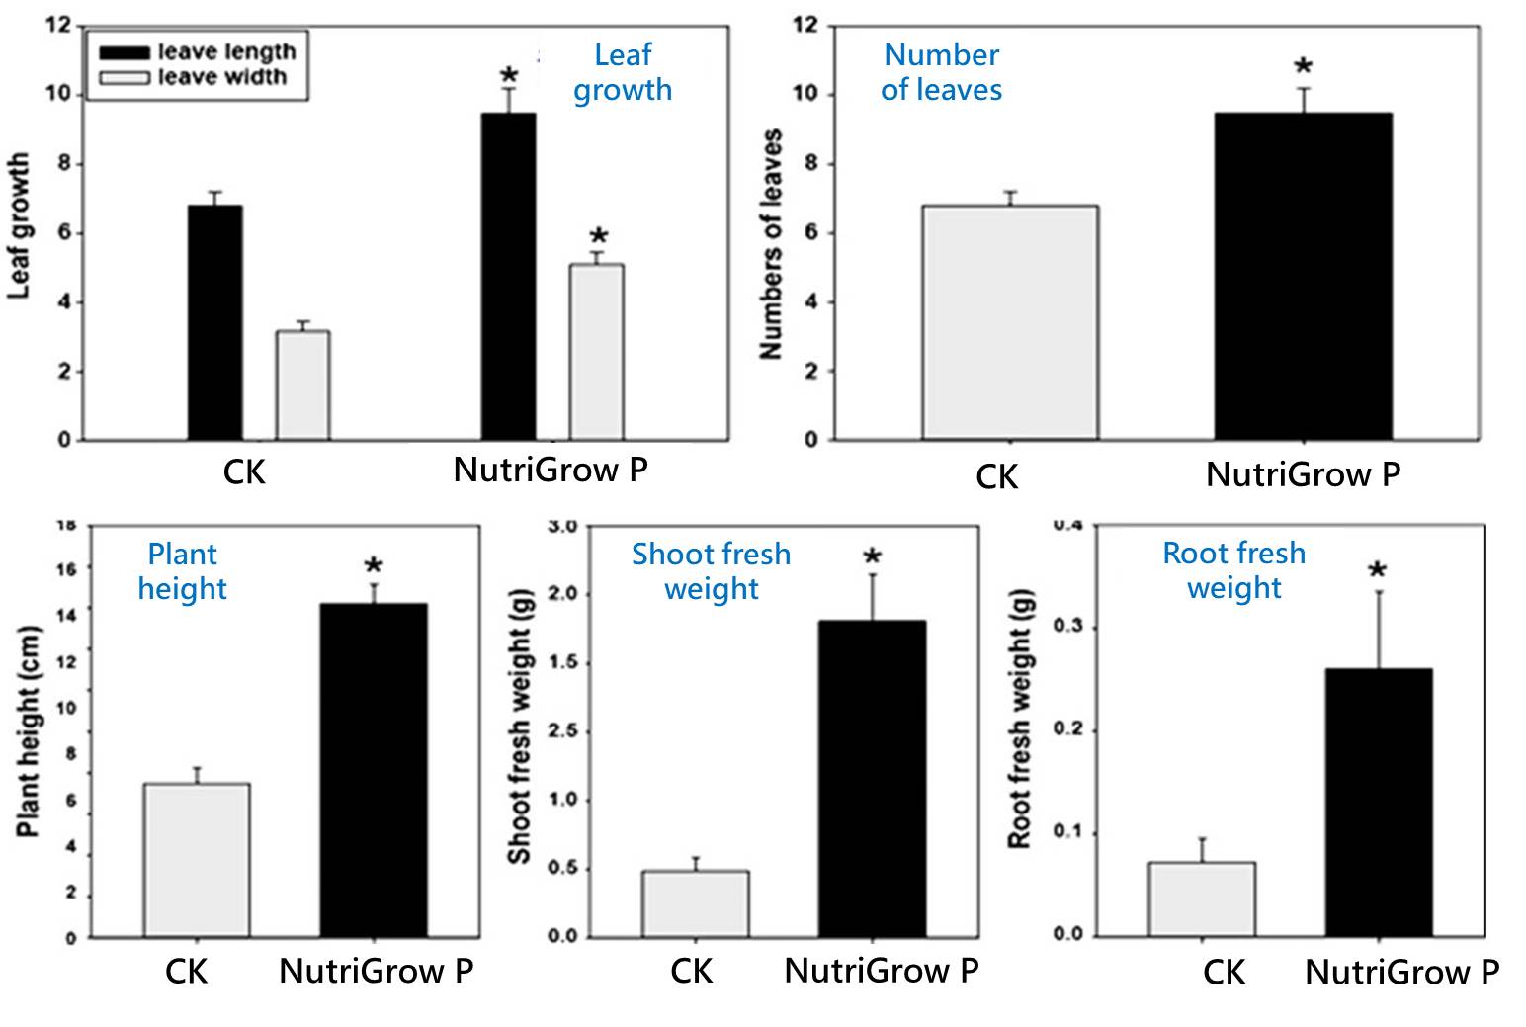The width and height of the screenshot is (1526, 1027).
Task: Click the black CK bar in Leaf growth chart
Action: click(x=214, y=322)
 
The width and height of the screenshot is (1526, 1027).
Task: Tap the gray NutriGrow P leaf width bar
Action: click(x=596, y=352)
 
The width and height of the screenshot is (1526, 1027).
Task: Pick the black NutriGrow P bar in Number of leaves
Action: click(x=1303, y=277)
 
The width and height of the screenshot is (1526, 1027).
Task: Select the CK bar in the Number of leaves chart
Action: click(x=1009, y=322)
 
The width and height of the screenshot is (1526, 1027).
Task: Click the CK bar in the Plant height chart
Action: click(x=197, y=860)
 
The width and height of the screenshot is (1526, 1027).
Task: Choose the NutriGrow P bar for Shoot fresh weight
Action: click(x=872, y=779)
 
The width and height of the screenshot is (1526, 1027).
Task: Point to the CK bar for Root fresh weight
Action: click(x=1201, y=899)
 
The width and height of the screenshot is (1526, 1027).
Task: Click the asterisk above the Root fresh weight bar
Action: click(x=1377, y=571)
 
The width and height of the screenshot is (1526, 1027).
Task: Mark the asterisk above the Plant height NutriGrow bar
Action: click(x=374, y=567)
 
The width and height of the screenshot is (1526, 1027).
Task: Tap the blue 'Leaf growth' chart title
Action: click(x=623, y=72)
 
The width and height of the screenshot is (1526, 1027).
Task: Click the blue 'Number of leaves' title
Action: click(x=941, y=72)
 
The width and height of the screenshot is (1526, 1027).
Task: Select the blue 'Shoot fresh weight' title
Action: click(x=711, y=571)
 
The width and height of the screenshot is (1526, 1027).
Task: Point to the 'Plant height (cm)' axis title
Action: click(x=29, y=730)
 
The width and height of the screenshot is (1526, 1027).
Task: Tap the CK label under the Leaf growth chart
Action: click(x=244, y=472)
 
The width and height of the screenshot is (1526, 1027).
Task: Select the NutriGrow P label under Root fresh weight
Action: click(x=1401, y=973)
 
